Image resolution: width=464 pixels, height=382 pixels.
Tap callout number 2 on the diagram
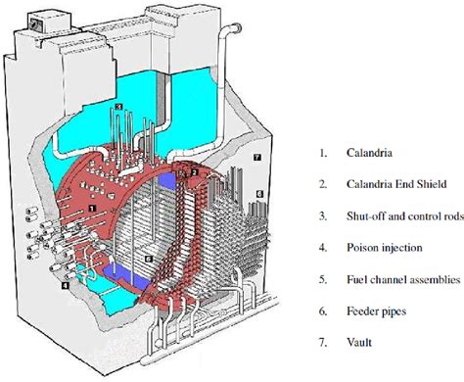click(195, 172)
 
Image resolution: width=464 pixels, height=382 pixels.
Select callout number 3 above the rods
click(118, 107)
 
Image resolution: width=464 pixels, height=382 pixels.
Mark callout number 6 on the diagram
click(260, 195)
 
